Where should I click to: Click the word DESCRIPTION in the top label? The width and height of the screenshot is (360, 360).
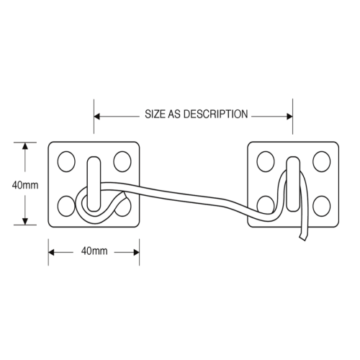[x=215, y=114]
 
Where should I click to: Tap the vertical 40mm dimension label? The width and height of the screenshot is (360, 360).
[x=25, y=185]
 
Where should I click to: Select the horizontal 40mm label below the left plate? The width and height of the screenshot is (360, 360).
[x=94, y=251]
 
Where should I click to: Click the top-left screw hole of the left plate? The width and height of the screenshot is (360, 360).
[x=66, y=161]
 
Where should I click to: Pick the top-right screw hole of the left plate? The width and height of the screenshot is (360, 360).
[x=122, y=161]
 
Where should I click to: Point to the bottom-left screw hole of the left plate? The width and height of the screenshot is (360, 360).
[x=66, y=206]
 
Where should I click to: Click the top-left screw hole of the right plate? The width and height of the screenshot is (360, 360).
[x=266, y=161]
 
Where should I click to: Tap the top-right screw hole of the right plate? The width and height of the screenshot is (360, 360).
[x=322, y=161]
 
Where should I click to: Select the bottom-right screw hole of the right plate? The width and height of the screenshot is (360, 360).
[x=322, y=206]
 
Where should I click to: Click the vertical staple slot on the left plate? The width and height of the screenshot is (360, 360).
[x=94, y=184]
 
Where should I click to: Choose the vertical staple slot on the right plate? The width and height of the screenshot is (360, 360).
[x=293, y=184]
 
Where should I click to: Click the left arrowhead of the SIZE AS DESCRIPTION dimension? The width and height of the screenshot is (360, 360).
[x=96, y=117]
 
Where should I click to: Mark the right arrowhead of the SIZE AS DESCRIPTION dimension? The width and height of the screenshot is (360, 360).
[x=289, y=117]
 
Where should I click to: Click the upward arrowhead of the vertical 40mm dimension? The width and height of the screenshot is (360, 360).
[x=25, y=145]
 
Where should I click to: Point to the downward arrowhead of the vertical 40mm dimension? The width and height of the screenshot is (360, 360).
[x=25, y=222]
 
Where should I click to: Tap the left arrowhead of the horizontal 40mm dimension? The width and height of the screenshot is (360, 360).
[x=51, y=252]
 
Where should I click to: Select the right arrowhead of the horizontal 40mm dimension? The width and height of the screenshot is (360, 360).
[x=136, y=252]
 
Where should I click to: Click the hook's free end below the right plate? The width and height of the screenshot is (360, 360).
[x=302, y=238]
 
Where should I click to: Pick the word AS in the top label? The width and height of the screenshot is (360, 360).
[x=174, y=114]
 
